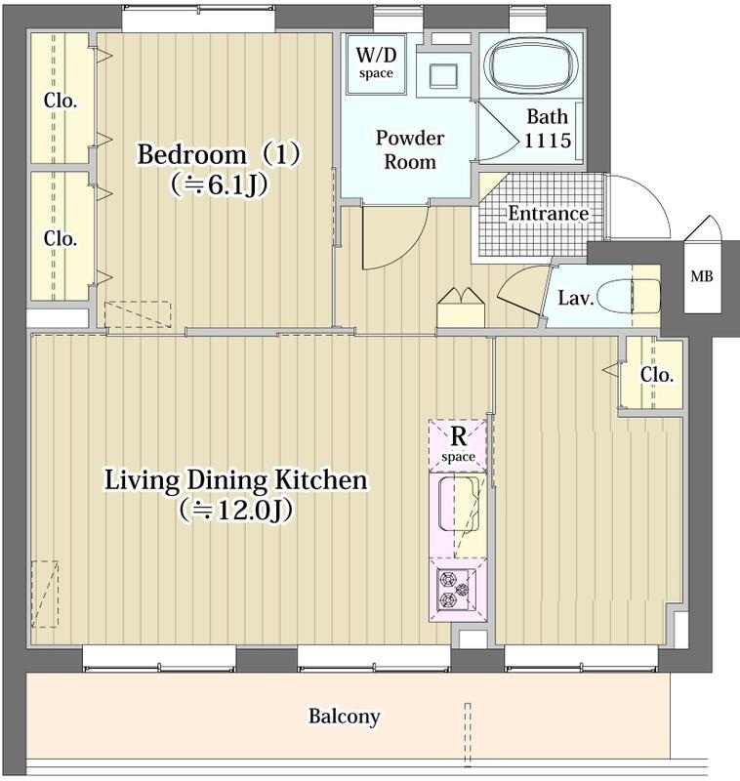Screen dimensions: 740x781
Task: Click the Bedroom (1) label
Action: [219, 154]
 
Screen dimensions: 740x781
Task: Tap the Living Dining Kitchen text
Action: [235, 480]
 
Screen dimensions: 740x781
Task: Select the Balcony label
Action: [344, 717]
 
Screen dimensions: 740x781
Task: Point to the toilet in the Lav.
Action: [628, 297]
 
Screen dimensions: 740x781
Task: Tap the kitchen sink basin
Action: [459, 503]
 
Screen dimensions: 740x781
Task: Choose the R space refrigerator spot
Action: [458, 445]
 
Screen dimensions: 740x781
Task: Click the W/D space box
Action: [376, 63]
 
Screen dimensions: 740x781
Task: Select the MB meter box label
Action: [701, 275]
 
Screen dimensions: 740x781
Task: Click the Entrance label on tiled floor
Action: [549, 214]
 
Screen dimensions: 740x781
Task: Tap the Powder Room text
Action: [409, 150]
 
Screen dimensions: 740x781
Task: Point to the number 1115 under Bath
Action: [548, 141]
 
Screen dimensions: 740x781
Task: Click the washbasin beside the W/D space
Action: [442, 76]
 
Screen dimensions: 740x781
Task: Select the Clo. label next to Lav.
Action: [657, 375]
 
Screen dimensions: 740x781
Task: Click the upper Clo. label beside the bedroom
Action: [61, 101]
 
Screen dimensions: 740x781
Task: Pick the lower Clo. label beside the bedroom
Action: [61, 238]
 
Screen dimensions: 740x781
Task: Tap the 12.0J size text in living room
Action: [235, 510]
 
